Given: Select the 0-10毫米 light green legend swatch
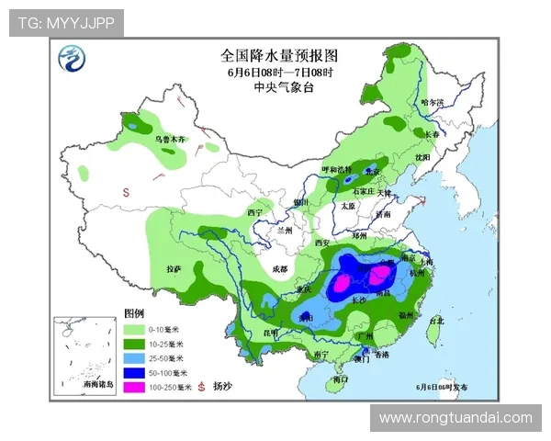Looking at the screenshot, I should tap(133, 328).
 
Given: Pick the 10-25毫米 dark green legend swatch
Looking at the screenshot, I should tap(133, 343).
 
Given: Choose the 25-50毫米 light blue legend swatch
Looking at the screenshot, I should tap(133, 357).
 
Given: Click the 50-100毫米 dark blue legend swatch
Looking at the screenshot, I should tap(133, 372).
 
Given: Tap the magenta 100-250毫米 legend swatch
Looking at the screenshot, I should tap(133, 387).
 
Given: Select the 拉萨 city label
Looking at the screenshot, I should tap(173, 268).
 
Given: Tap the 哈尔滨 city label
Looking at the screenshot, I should tap(432, 102).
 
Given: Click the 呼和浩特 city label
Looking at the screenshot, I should tap(336, 170).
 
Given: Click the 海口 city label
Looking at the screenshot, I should tap(341, 379).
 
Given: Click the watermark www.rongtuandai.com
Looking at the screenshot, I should tap(455, 418).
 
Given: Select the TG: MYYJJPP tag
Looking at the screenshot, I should tap(66, 22).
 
